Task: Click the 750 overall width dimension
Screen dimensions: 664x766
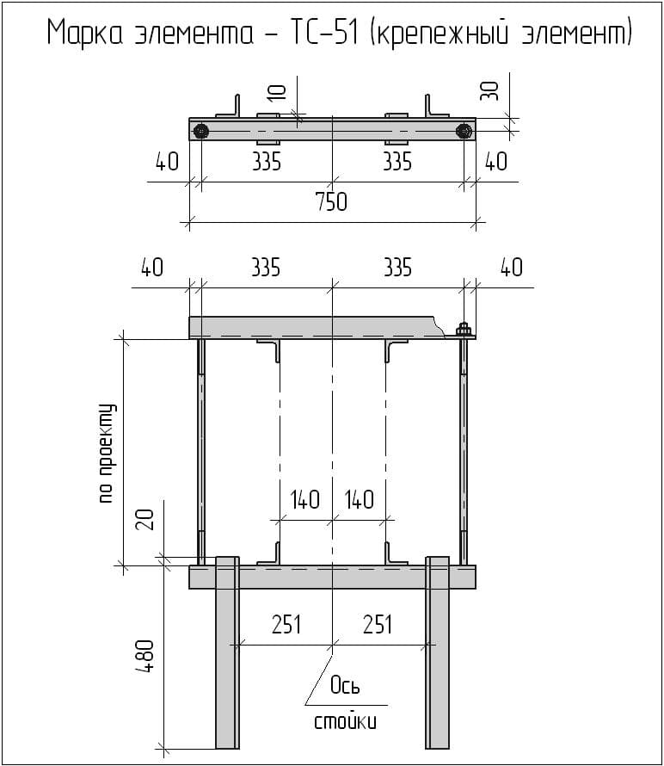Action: [x=331, y=201]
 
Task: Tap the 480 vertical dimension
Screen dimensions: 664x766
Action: [x=145, y=656]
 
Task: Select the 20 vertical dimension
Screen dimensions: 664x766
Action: [x=145, y=519]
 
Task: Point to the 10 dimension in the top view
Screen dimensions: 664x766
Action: [x=277, y=92]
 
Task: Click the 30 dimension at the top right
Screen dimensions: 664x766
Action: [x=489, y=91]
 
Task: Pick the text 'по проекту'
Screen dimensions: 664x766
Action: [x=106, y=453]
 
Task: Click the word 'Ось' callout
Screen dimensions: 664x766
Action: [x=345, y=685]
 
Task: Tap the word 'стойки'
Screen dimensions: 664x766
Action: [x=346, y=721]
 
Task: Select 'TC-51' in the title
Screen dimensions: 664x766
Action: [x=324, y=34]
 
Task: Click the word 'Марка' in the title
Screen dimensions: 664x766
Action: [x=85, y=34]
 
